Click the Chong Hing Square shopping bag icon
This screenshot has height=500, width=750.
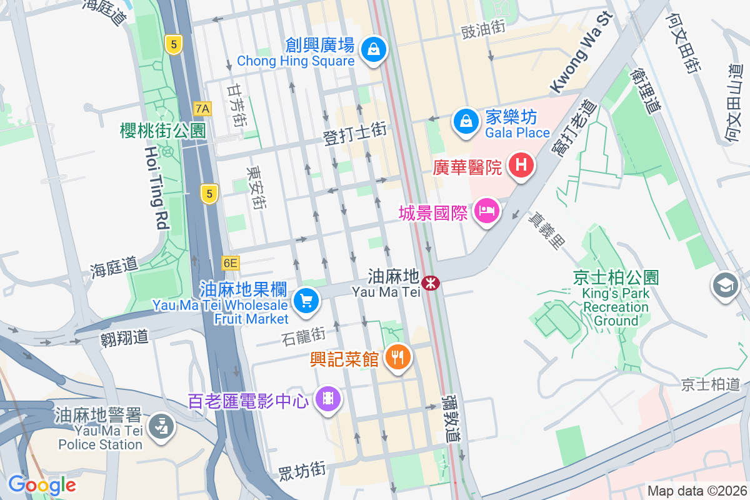pos(374,48)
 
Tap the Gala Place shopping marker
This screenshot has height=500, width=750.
pos(466,119)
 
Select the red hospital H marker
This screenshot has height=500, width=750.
pos(521,166)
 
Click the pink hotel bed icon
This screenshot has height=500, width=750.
pos(485,211)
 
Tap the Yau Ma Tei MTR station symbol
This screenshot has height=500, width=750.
pos(430,283)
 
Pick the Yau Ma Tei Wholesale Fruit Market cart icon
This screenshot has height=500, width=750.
pos(306,301)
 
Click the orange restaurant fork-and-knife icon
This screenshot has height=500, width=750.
pos(397,358)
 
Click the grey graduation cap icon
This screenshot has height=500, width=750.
pos(726,286)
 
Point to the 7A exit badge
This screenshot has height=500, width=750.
pos(202,109)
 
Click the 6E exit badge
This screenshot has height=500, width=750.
pos(230,263)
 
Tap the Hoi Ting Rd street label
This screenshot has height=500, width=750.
pos(157,187)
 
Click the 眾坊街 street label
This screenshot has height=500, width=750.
pos(301,469)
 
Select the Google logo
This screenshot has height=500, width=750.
pos(42,484)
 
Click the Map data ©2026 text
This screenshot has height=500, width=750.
pos(696,491)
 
